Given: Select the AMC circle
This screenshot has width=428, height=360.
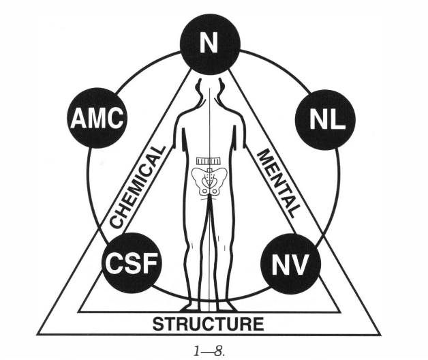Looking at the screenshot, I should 96,120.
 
